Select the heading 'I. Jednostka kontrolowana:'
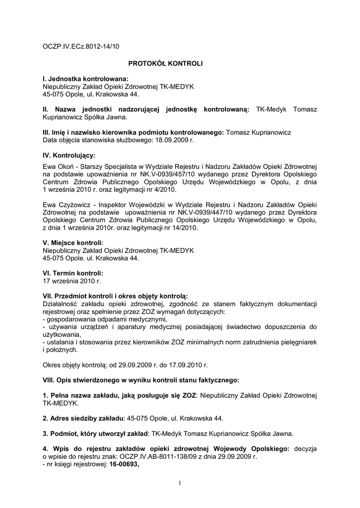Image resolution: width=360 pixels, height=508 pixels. [x=85, y=79]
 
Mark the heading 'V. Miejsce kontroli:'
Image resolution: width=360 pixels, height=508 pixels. [x=73, y=243]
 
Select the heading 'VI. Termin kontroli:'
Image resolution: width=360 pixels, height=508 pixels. [x=73, y=273]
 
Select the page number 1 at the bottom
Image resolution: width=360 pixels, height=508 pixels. [x=180, y=483]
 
